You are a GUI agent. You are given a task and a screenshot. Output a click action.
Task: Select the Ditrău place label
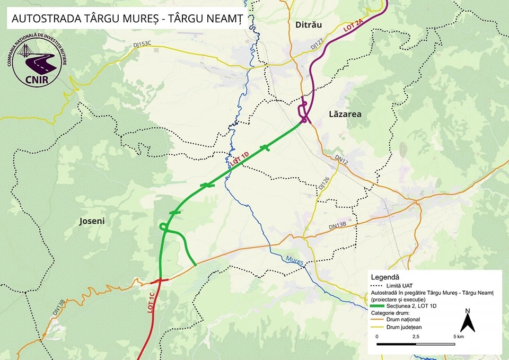click(308, 25)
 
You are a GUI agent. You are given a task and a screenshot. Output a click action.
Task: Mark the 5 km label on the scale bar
click(458, 336)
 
